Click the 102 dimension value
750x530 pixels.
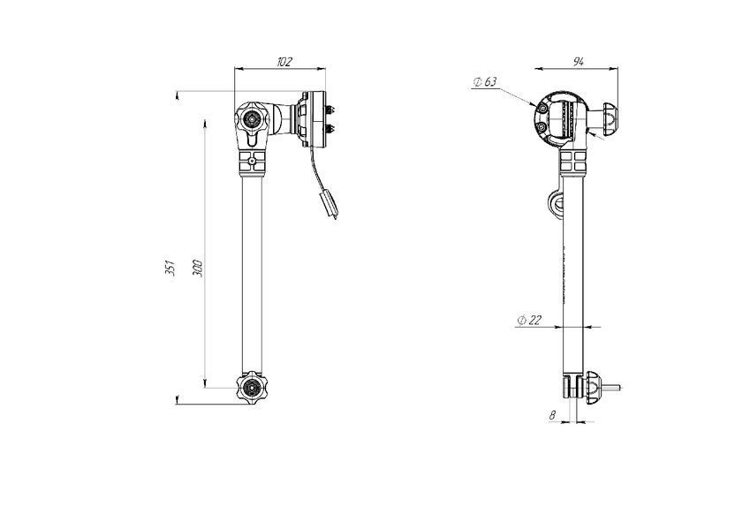click(284, 62)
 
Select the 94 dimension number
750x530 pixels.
click(579, 62)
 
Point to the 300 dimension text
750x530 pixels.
click(198, 269)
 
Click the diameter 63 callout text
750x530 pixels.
click(485, 82)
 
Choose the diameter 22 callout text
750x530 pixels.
click(529, 320)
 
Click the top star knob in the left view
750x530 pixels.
click(251, 117)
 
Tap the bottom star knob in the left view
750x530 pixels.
click(251, 388)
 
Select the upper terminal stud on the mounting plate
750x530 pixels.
click(330, 110)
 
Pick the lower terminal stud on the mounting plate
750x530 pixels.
click(330, 128)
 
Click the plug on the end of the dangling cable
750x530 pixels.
click(330, 204)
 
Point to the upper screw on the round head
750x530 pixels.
click(542, 110)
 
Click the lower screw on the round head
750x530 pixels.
click(541, 127)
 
